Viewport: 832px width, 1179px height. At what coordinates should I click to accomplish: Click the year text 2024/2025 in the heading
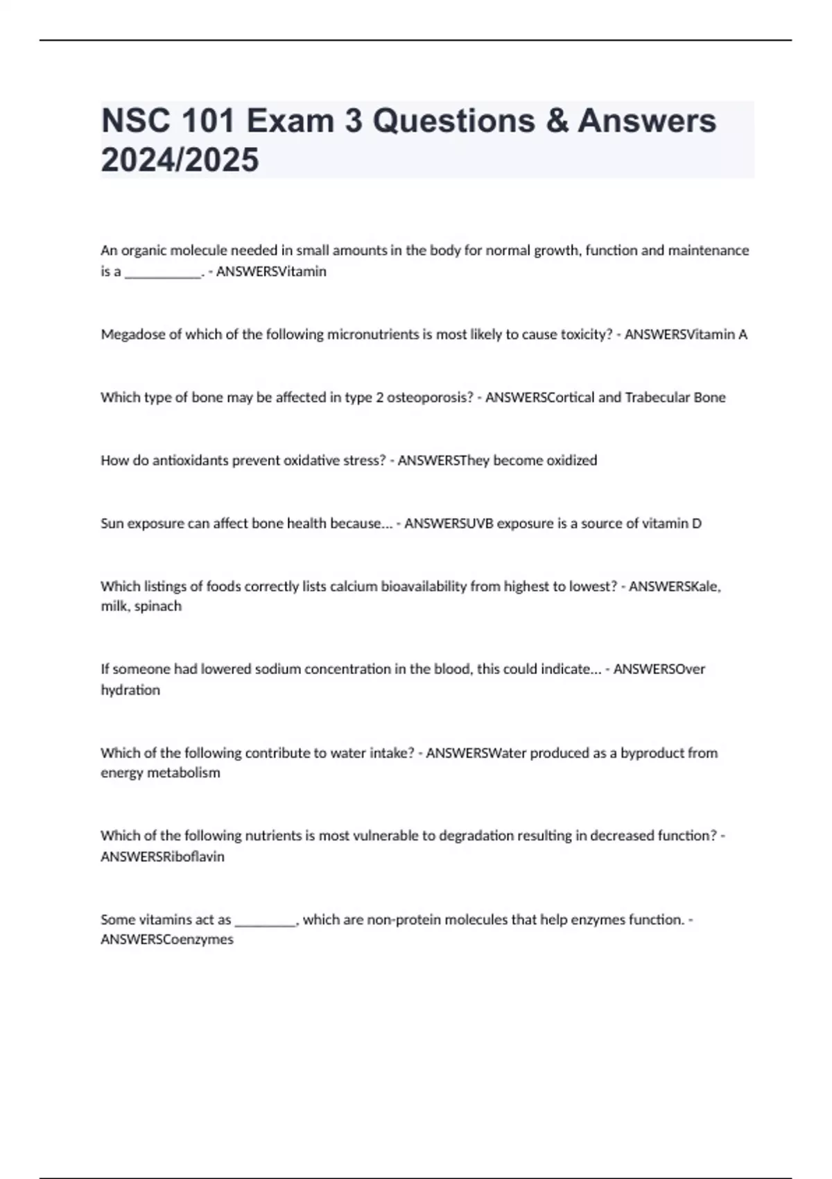pos(180,160)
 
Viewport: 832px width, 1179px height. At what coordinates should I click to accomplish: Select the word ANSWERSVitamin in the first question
pos(271,271)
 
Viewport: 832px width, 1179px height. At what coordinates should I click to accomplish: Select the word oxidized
pos(571,461)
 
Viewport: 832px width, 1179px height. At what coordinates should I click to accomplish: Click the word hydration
pos(130,690)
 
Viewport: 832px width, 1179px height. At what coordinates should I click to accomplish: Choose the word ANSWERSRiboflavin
pos(162,857)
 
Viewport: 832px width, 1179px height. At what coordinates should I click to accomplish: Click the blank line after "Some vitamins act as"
pos(266,921)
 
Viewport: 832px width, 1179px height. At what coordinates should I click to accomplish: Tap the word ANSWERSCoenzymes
pos(167,940)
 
